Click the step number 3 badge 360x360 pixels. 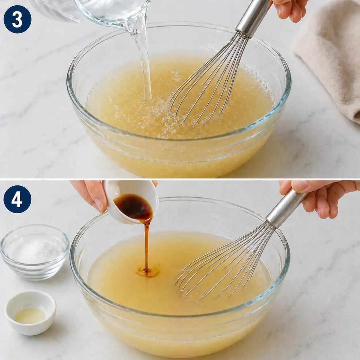click(x=17, y=19)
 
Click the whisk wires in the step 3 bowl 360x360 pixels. click(x=207, y=86)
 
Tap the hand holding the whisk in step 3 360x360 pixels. click(x=290, y=9)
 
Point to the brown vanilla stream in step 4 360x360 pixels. click(x=148, y=244)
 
